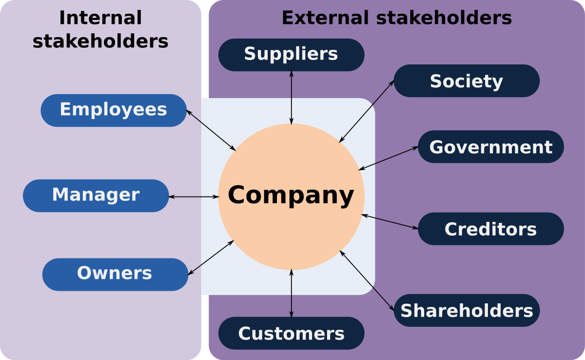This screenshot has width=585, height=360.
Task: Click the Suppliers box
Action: [x=291, y=54]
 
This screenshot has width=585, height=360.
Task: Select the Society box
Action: [x=466, y=81]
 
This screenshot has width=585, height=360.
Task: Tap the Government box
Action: [x=490, y=147]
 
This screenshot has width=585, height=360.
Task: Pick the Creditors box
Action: [x=490, y=229]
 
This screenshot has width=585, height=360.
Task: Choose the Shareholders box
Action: [x=467, y=310]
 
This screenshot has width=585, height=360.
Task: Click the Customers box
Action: [x=291, y=333]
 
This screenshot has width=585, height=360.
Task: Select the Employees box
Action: [x=113, y=110]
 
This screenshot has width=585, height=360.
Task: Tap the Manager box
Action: [x=96, y=195]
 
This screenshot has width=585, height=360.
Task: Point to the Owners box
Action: [x=115, y=274]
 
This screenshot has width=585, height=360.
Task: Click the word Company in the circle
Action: [x=291, y=195]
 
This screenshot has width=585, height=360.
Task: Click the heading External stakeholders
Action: [x=396, y=18]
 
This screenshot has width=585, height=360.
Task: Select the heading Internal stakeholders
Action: [x=100, y=29]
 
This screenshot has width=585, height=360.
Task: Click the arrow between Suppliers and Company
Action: [x=292, y=97]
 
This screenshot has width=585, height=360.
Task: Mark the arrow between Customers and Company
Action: [x=292, y=293]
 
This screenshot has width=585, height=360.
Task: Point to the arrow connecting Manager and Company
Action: [x=194, y=197]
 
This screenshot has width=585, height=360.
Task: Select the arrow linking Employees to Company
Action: [x=211, y=130]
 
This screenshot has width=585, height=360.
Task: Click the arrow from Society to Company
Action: [x=367, y=111]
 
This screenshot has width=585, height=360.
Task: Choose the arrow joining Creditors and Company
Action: [x=390, y=221]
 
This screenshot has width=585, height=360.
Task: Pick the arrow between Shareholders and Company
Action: [x=367, y=280]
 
